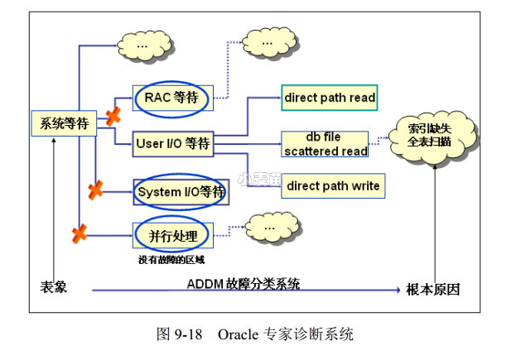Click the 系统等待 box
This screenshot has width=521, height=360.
coord(64,124)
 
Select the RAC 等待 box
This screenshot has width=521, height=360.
coord(172,98)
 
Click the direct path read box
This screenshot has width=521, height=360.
coord(330,98)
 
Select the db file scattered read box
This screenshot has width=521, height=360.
coord(325,144)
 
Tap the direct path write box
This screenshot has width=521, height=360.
coord(333,185)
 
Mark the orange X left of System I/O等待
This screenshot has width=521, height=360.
coord(96,190)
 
